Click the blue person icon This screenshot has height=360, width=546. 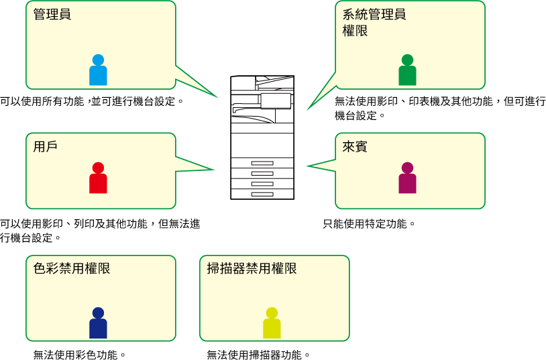pos(98,70)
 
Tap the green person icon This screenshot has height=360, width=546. pos(407,70)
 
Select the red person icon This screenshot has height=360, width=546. pos(98,178)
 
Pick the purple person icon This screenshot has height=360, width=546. pos(407,178)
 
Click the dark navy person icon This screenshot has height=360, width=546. pos(98,322)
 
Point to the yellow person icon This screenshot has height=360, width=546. pos(272,322)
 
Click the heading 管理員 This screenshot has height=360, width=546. pos(52,14)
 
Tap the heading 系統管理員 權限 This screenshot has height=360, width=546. pos(374,23)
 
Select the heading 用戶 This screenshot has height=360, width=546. pos(46,147)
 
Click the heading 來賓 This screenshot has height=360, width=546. pos(355,147)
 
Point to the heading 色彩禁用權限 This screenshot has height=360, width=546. pos(72,268)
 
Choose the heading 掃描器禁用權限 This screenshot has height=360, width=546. pos(252,268)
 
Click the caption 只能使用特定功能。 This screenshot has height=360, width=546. pos(369,223)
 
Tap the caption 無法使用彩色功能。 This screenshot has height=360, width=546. pos(80,355)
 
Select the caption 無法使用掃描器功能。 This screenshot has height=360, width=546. pos(258,355)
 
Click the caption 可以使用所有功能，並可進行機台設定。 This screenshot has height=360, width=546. pos(92,101)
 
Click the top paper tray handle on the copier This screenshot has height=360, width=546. pos(262,163)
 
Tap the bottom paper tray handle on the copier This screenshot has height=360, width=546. pos(262,194)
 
